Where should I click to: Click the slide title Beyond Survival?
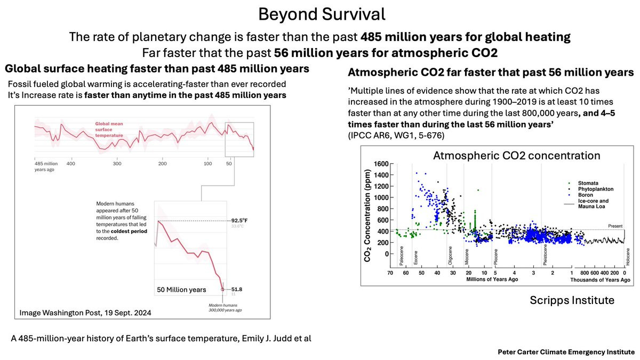[319, 14]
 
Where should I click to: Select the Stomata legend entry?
[588, 183]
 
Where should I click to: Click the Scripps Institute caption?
[572, 300]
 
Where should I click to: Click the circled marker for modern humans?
[223, 290]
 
